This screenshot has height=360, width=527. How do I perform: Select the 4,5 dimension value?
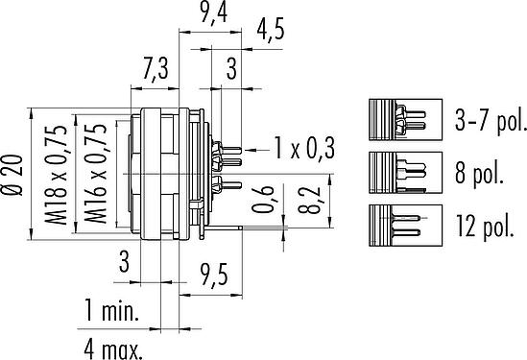tap(271, 30)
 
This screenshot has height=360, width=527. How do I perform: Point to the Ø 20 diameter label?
tap(12, 175)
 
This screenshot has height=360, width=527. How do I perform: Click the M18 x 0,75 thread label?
tap(56, 175)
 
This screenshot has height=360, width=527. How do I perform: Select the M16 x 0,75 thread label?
tap(95, 174)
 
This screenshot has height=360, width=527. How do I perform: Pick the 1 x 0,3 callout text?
tap(304, 148)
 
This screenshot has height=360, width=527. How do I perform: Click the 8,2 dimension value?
tap(308, 200)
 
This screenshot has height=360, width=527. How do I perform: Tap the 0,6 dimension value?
tap(263, 200)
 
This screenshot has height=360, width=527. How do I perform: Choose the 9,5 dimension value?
tap(214, 275)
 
